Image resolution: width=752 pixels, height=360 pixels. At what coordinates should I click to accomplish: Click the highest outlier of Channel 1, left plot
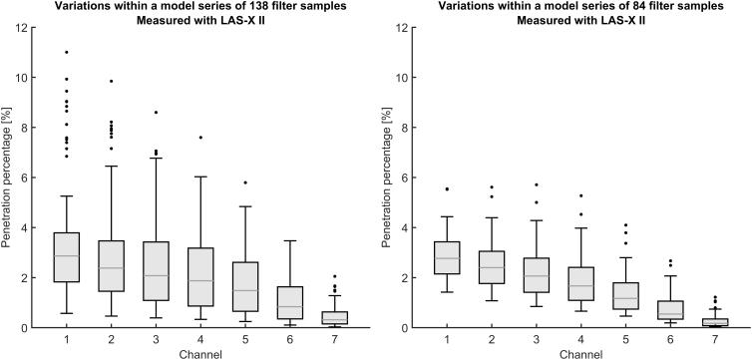66,52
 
